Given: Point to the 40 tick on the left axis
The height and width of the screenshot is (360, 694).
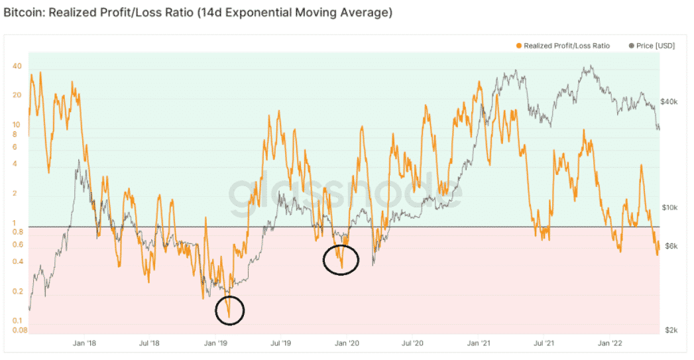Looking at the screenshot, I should click(x=17, y=66).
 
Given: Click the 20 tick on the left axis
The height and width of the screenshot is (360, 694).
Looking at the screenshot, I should click(x=17, y=95).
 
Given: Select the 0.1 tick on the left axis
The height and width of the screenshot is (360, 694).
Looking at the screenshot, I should click(x=17, y=321).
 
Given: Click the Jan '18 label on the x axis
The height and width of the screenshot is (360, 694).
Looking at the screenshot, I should click(x=85, y=343).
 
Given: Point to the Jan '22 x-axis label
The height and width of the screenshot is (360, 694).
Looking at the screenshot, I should click(x=610, y=343).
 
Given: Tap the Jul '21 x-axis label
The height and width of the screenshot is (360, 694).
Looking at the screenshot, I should click(x=544, y=343).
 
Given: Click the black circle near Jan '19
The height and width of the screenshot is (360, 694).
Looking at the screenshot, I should click(x=230, y=310).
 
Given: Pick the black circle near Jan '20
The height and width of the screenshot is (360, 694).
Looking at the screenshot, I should click(x=341, y=260).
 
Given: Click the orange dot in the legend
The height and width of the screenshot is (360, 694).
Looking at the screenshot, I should click(x=518, y=46).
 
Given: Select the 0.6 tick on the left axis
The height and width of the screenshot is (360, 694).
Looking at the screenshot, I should click(x=17, y=245).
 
